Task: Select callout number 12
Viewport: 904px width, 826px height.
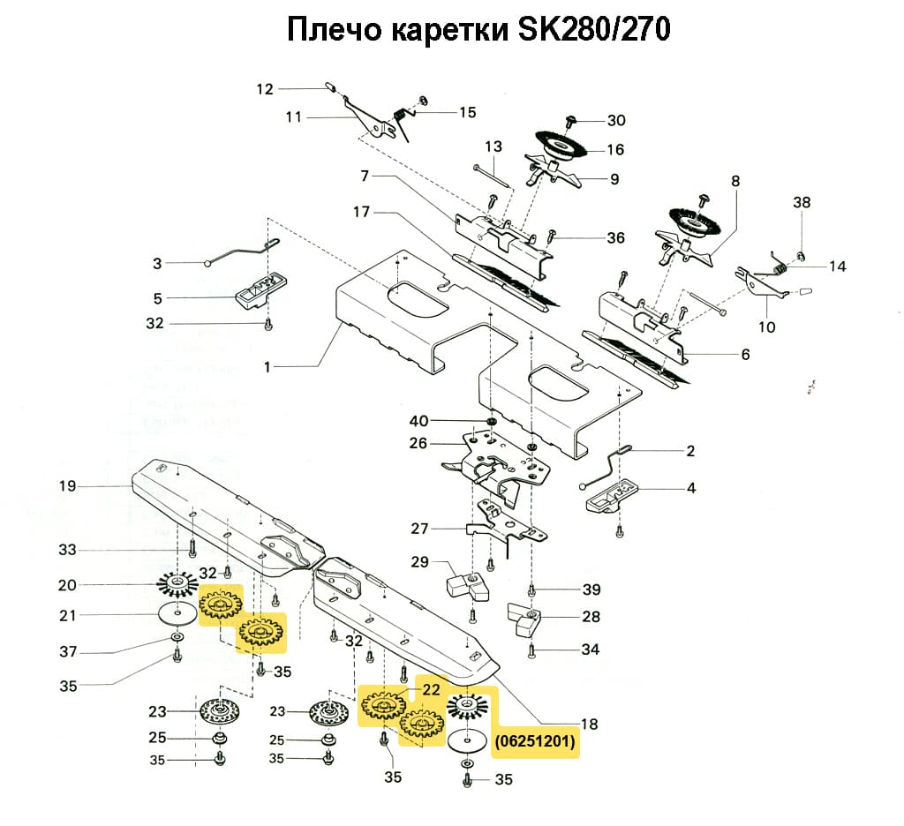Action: pos(266,88)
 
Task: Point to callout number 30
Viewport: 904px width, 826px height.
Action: pos(615,120)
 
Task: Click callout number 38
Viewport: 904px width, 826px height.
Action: pos(801,202)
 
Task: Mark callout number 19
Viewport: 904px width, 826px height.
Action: pos(68,486)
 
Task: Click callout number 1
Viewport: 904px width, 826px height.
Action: pos(268,364)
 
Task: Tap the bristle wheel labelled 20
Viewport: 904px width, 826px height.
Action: pos(178,583)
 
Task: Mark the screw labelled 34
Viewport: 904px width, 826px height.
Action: pos(531,651)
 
